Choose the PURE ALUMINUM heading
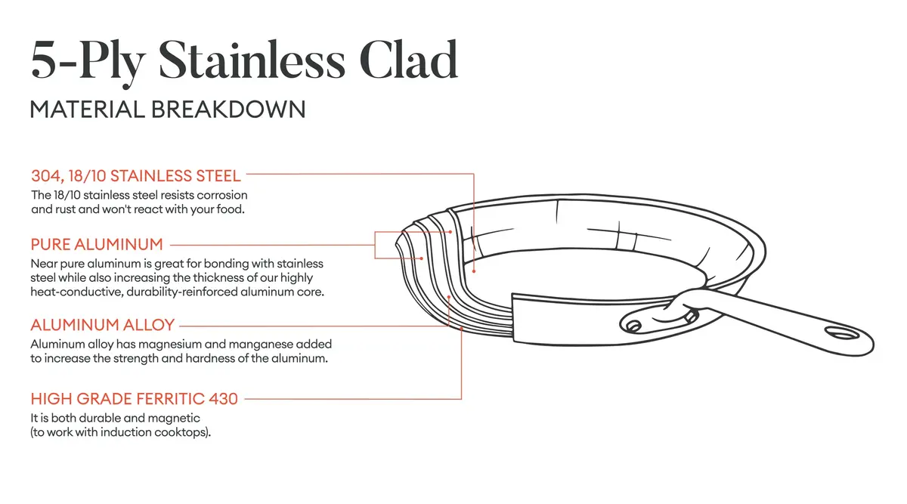97,245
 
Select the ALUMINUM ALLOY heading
103,326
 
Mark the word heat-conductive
68,292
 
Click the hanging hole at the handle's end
840,332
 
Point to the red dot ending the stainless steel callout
473,270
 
